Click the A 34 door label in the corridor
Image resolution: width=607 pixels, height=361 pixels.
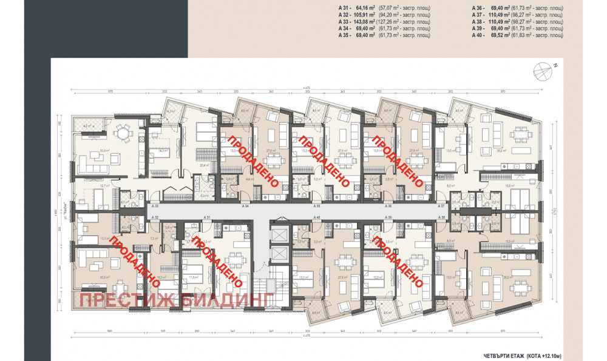point(245,207)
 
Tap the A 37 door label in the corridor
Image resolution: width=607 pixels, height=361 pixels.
point(442,207)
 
